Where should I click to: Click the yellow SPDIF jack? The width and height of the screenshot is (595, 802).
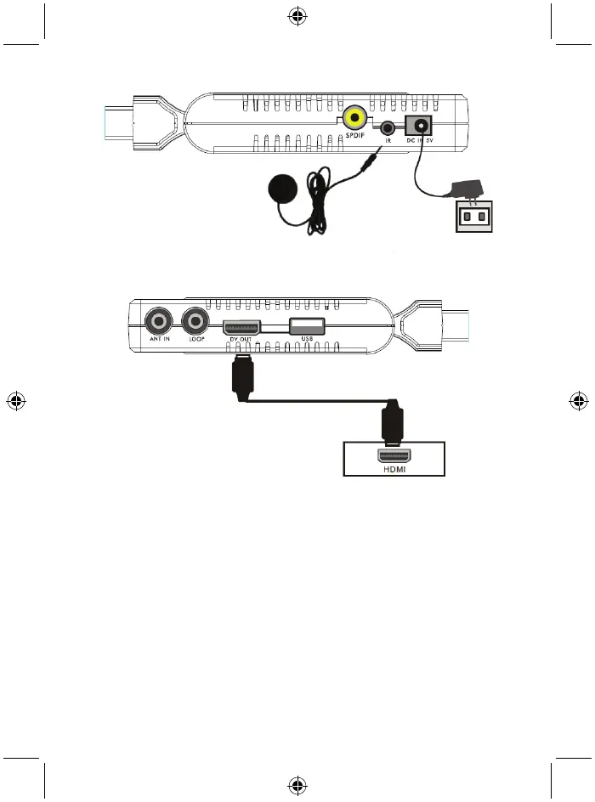354,117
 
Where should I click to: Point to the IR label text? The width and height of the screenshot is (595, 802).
388,141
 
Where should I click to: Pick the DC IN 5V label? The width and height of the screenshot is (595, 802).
421,140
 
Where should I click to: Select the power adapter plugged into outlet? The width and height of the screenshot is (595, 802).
467,189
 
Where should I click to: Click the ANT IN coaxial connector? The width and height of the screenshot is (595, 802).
157,321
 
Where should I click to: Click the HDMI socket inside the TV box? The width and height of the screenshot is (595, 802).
394,455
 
